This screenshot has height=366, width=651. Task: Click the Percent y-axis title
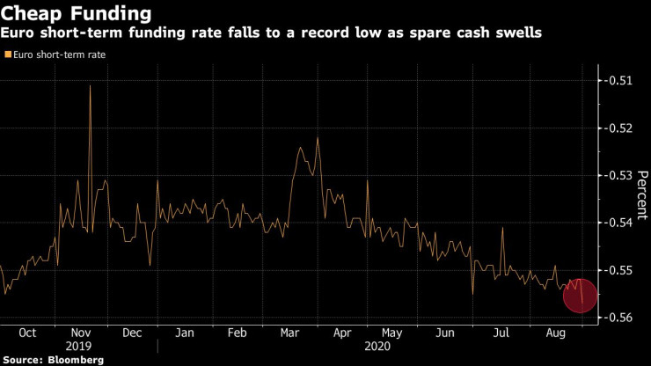[642, 194]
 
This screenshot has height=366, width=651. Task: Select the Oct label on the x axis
[26, 333]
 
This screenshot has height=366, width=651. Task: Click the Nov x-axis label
[80, 333]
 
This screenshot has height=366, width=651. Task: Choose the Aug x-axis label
[557, 333]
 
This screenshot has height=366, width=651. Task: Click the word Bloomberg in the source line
[75, 359]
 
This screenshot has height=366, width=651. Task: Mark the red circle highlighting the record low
[581, 296]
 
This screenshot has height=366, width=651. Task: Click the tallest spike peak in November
[91, 85]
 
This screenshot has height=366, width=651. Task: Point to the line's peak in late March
[317, 138]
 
